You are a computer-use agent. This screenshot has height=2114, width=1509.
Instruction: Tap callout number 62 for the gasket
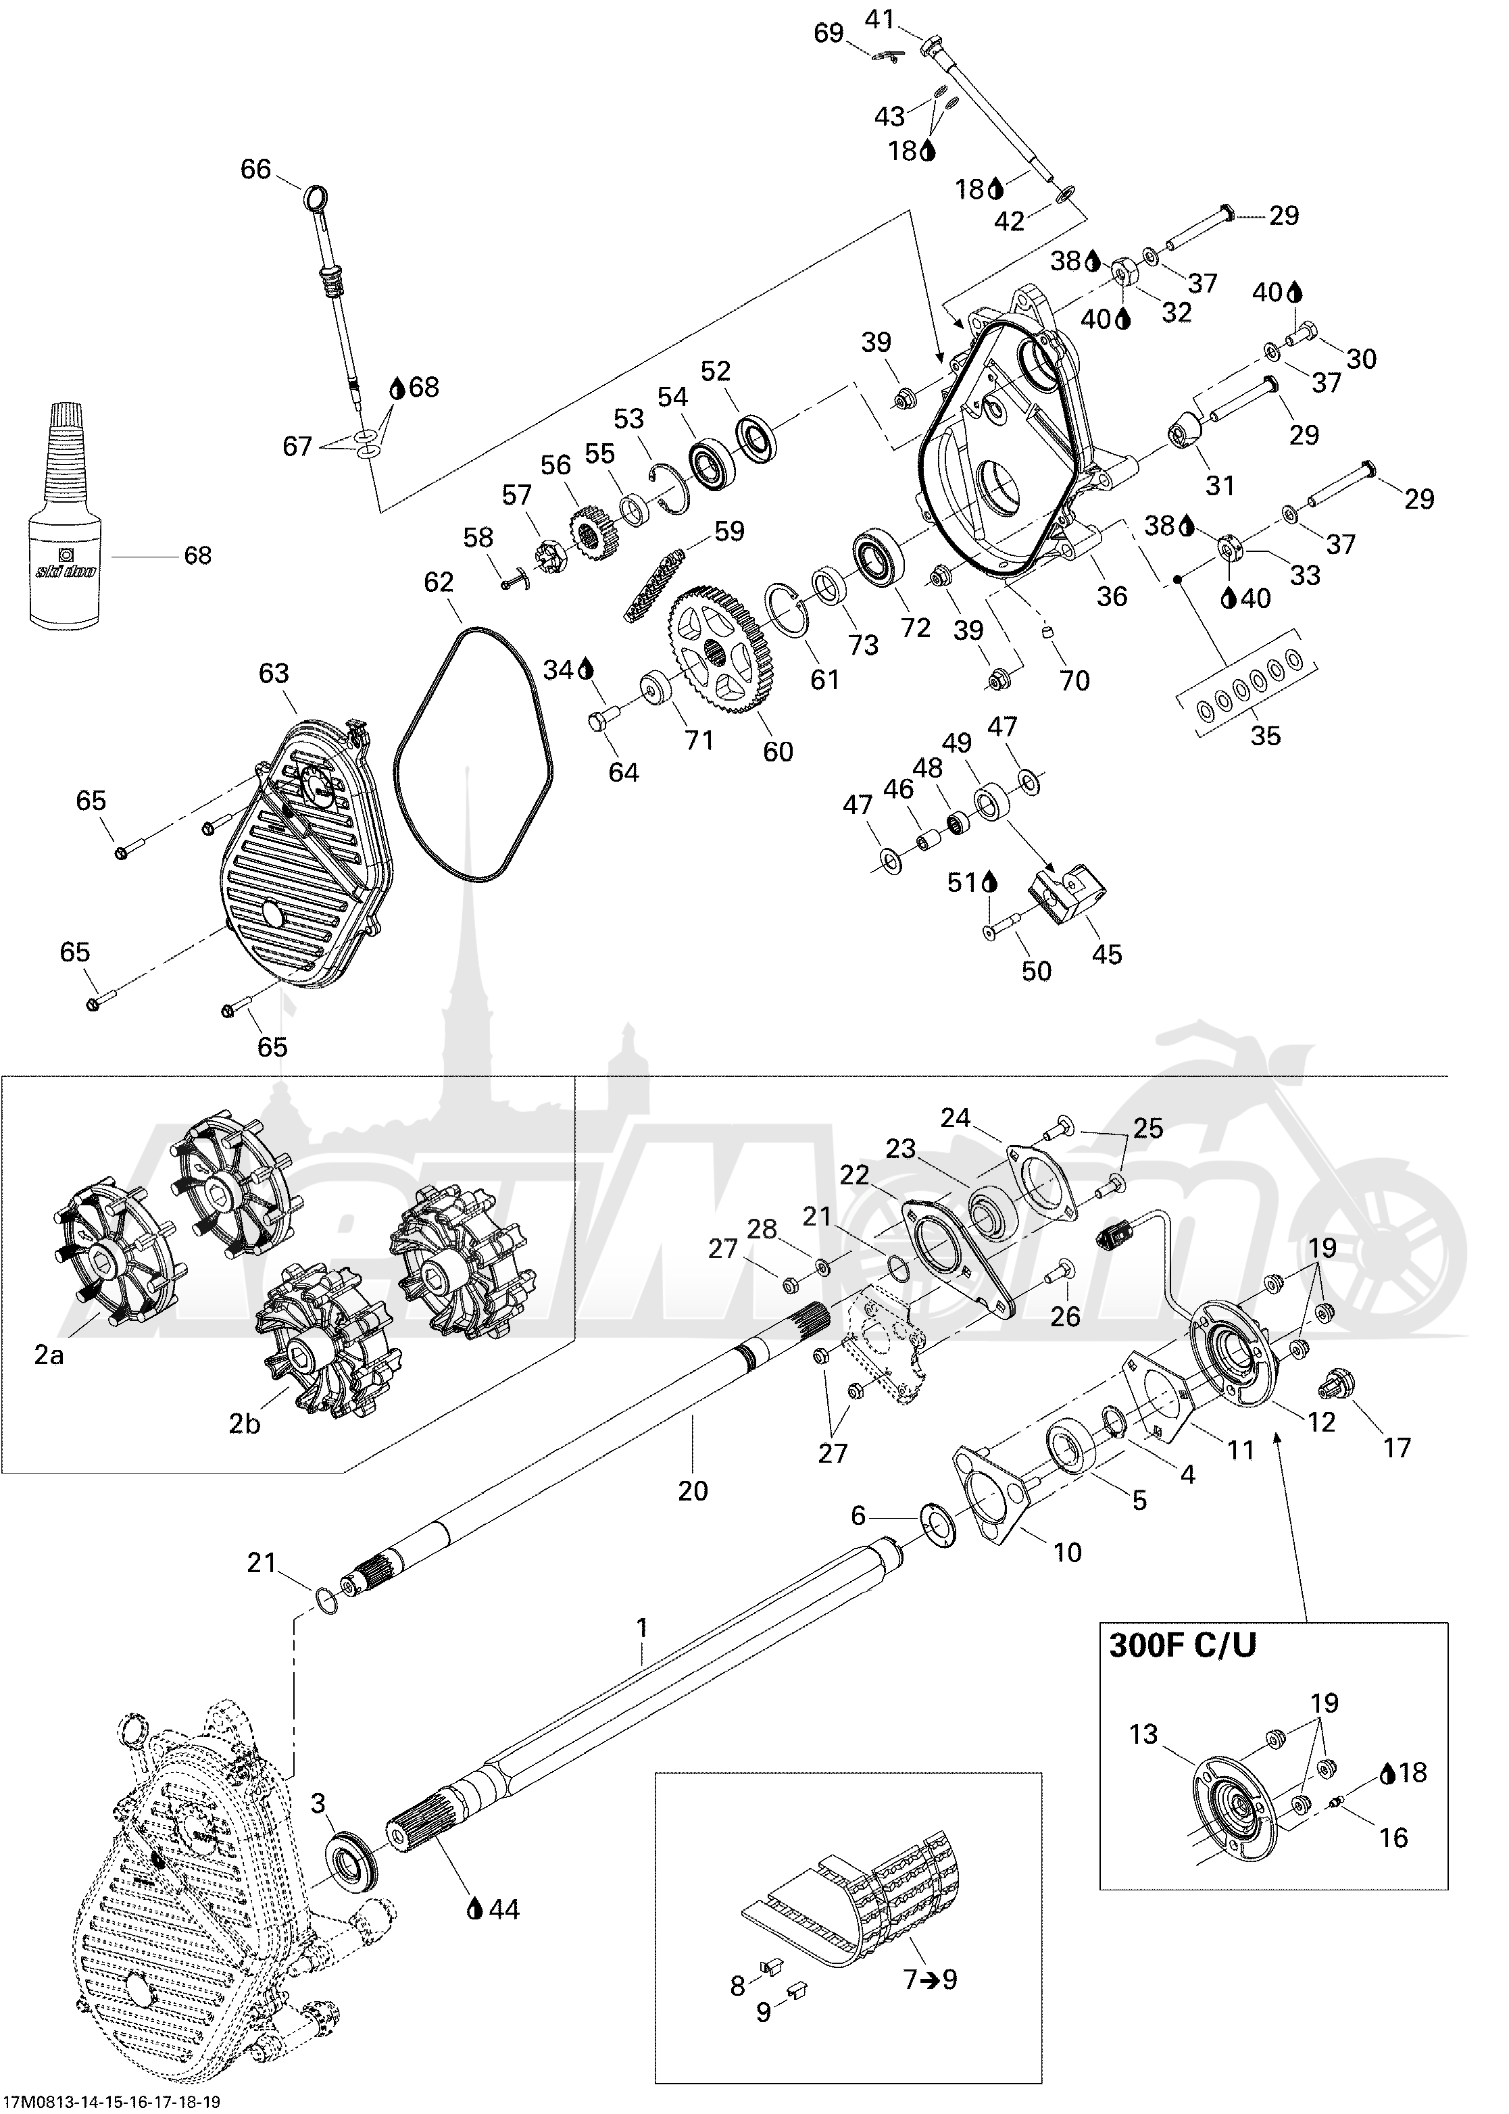[439, 582]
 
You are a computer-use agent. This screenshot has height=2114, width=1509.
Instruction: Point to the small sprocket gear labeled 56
[585, 533]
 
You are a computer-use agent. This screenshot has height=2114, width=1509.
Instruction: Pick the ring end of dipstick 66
[316, 198]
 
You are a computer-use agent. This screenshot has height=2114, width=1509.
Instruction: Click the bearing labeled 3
[351, 1861]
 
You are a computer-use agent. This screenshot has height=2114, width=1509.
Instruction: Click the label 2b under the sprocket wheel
[245, 1423]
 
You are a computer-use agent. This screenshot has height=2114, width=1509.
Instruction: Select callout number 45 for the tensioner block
[1108, 954]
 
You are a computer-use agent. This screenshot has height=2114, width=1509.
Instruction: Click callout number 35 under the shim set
[1266, 736]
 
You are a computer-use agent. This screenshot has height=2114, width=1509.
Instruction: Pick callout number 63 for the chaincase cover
[274, 674]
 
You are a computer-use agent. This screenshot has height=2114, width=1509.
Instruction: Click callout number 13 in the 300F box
[1144, 1734]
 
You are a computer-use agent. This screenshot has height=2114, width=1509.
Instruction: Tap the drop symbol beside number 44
[476, 1908]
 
